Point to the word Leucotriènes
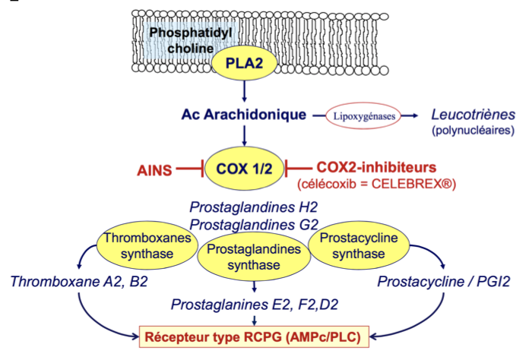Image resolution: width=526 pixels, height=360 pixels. (473, 115)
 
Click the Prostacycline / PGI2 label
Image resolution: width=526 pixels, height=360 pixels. (444, 283)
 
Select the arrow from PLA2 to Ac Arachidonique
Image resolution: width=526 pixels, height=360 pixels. (243, 92)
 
